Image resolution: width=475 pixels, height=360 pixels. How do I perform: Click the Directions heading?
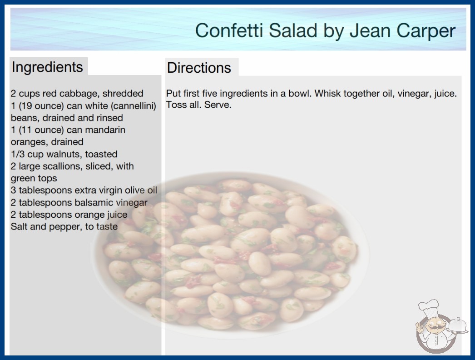pos(199,68)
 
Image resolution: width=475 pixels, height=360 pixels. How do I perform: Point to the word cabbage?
pos(79,94)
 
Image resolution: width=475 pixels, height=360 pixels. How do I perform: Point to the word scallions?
pos(63,166)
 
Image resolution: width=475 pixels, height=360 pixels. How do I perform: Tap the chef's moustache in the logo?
pos(433,327)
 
